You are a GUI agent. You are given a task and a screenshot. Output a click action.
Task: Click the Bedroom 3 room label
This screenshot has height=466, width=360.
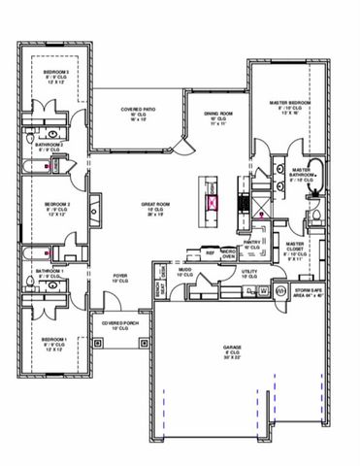pyautogui.click(x=53, y=73)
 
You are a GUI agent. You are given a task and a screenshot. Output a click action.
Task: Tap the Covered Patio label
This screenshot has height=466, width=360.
pyautogui.click(x=139, y=110)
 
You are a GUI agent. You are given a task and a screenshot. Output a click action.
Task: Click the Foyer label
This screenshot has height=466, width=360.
pyautogui.click(x=120, y=276)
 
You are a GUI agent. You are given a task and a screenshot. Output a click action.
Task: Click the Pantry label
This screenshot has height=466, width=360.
pyautogui.click(x=252, y=243)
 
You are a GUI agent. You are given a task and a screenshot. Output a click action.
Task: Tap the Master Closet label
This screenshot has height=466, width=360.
pyautogui.click(x=294, y=248)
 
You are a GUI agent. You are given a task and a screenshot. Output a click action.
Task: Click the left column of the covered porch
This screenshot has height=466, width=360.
pyautogui.click(x=96, y=343)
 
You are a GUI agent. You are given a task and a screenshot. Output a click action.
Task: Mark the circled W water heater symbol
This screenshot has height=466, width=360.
pyautogui.click(x=280, y=290)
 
